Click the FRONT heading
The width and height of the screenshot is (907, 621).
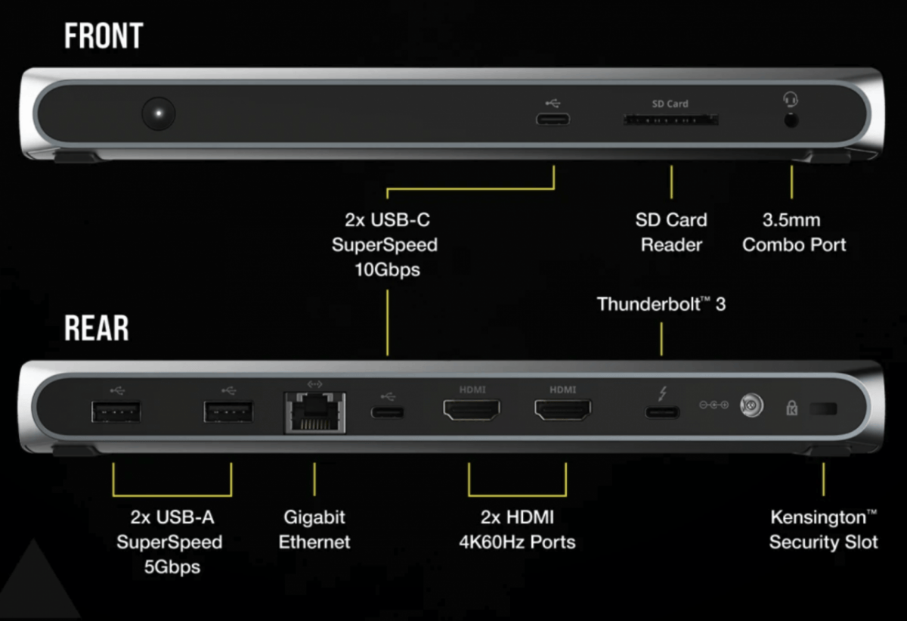coord(104,36)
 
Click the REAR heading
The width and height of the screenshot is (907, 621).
coord(97,328)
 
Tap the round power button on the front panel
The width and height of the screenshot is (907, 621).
coord(158,113)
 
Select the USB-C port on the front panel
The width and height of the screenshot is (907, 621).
coord(553,120)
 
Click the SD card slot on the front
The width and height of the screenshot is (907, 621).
coord(670,120)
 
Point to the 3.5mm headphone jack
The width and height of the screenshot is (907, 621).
coord(791,120)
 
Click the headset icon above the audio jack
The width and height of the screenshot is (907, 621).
coord(790,99)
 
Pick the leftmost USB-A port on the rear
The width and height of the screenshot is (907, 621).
coord(116,412)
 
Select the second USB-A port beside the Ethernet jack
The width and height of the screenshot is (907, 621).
coord(228,412)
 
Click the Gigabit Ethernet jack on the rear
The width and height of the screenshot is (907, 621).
coord(315,412)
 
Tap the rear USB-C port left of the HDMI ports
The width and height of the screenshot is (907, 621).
coord(388,412)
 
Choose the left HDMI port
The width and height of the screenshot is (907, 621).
coord(472,409)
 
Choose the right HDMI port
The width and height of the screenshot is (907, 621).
coord(563,409)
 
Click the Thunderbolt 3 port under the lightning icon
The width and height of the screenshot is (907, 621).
coord(662,412)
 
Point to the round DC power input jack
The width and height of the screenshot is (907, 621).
coord(751,405)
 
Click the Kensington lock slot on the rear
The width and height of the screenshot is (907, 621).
coord(823,408)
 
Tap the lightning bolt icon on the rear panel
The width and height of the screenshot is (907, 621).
coord(662,393)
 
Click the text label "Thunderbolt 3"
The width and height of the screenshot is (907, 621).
coord(661,304)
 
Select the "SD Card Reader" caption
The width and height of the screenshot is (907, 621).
coord(671,232)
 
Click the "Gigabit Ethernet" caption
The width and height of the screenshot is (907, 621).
coord(314,529)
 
